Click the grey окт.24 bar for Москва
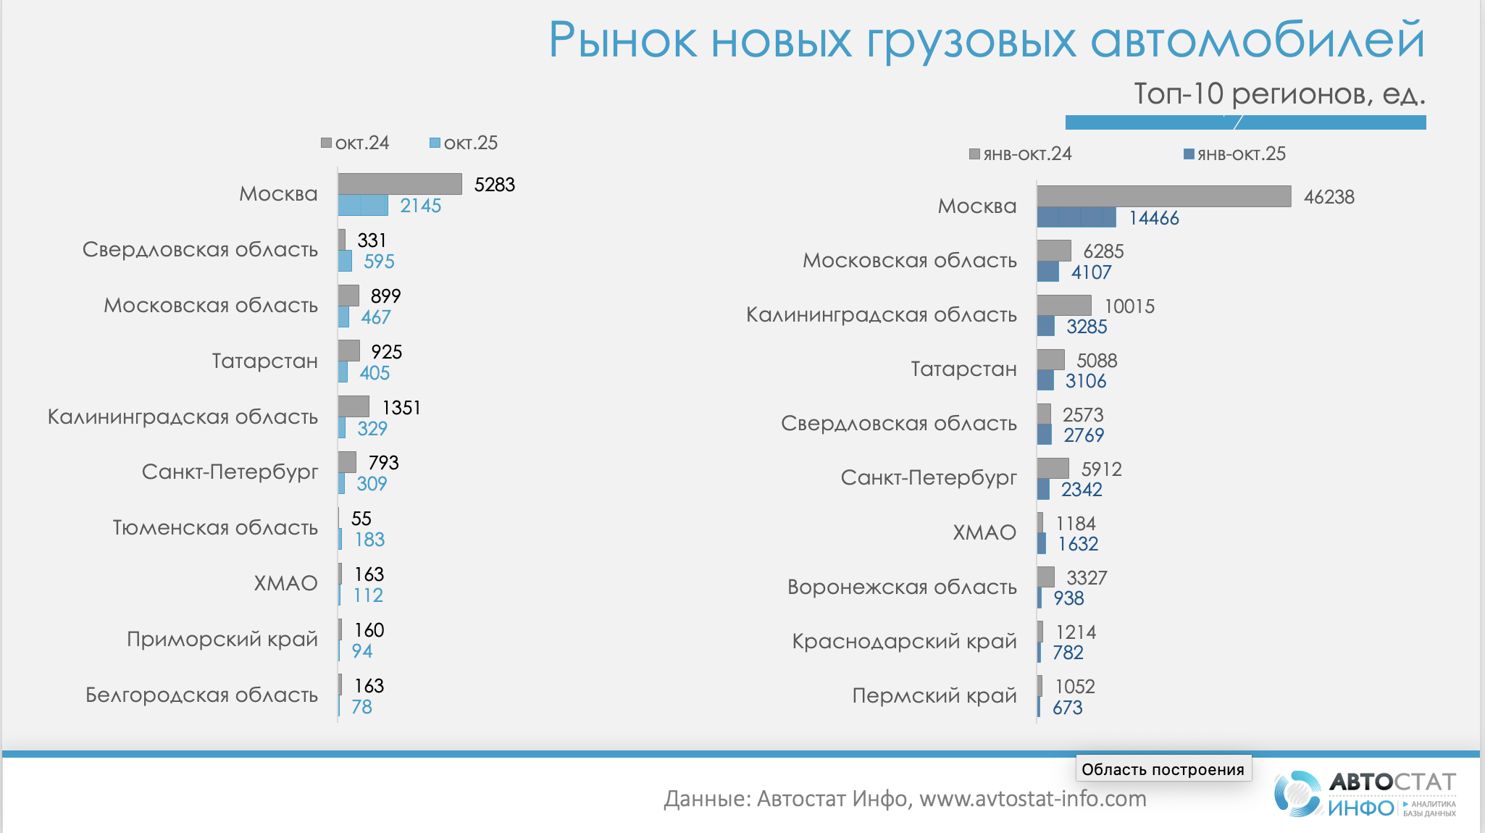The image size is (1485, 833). pos(400,184)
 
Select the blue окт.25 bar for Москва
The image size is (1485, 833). pos(363,206)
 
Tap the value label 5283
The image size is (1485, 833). pos(494,185)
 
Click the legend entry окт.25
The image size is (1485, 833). pos(464,143)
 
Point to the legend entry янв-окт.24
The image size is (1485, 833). pos(1021,154)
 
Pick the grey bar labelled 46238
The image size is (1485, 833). pos(1163,196)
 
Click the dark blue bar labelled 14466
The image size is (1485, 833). pos(1076,217)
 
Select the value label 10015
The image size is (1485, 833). pos(1129,306)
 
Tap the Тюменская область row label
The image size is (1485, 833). pos(215,527)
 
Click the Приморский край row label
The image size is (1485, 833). pos(222,639)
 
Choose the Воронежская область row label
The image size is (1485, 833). pos(902,587)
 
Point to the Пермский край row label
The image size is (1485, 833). pos(934,695)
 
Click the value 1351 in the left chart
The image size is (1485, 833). pos(401,408)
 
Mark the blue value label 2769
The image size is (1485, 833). pos(1084,435)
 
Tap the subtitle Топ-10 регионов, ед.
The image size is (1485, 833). pos(1279,93)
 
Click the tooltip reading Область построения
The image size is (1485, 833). pos(1163,769)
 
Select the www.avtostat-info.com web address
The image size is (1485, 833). pos(1032,799)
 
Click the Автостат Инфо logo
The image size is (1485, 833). pos(1365,795)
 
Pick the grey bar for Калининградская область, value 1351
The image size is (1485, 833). pos(354,406)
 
